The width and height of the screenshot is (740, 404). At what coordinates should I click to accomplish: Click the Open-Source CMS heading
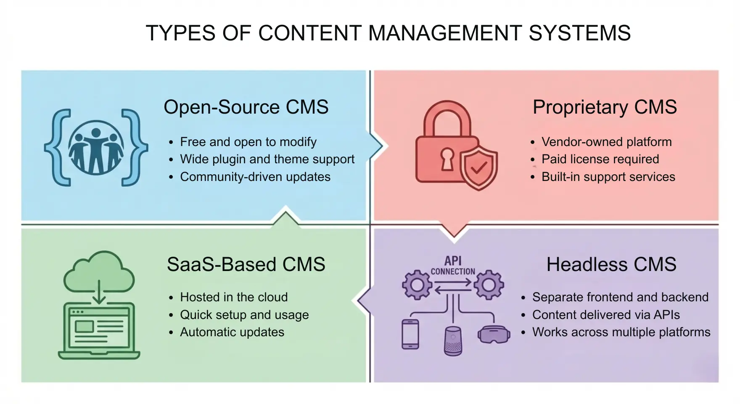246,107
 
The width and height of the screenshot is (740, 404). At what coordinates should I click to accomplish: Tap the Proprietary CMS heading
605,107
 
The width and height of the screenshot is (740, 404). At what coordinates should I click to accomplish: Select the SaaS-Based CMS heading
246,265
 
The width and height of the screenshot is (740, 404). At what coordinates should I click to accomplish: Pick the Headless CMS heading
611,265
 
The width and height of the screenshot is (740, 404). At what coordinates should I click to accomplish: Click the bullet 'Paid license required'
600,159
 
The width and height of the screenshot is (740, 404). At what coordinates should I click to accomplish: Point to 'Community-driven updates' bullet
255,177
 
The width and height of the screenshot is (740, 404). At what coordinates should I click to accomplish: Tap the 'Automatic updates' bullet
232,332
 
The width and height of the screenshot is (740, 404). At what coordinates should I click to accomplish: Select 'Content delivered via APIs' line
606,315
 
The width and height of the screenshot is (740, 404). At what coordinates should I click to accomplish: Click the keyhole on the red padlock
447,159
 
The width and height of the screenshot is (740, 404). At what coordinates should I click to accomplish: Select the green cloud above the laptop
99,271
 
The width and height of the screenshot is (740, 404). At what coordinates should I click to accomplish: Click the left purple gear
417,285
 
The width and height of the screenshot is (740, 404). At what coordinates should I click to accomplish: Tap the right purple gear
489,285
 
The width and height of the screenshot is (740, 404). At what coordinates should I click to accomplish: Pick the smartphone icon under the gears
410,334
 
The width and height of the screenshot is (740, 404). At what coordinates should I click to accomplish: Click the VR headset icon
494,335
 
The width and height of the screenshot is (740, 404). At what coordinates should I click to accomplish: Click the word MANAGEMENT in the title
444,33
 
